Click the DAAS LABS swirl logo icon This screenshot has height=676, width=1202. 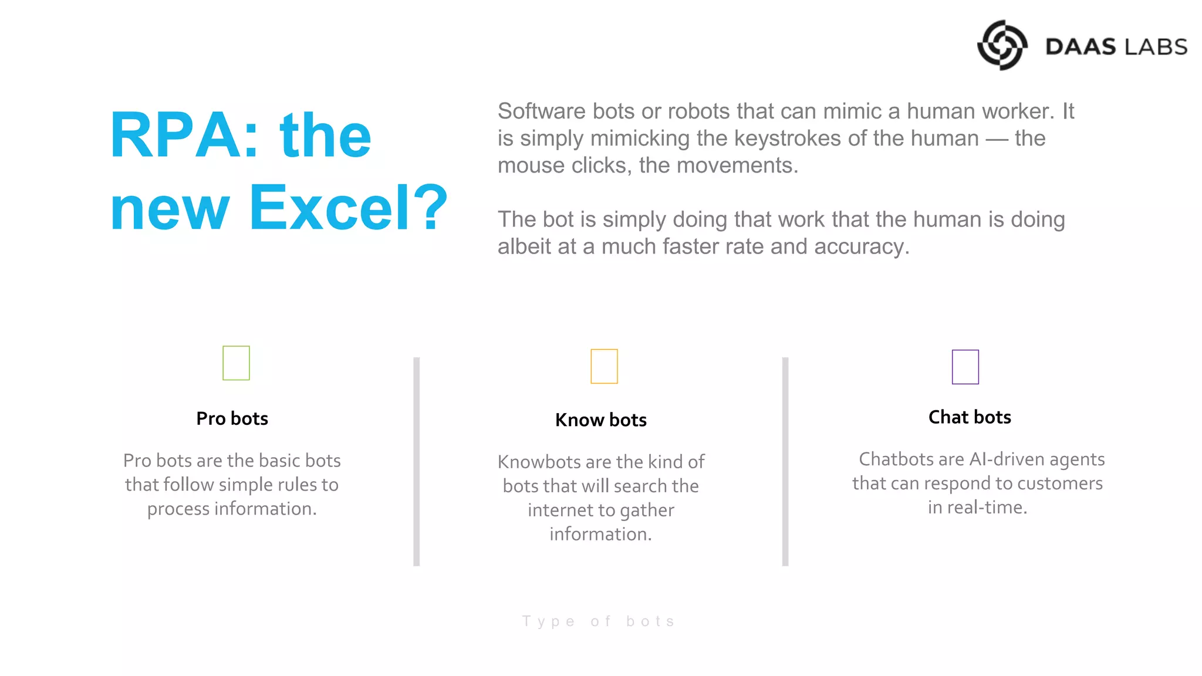pos(1002,45)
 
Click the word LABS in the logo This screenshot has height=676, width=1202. pos(1154,47)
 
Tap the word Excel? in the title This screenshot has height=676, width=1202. pos(348,208)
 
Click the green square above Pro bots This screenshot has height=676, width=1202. pos(236,363)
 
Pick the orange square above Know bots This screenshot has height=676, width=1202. pos(604,366)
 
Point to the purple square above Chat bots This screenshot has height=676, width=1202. pos(965,367)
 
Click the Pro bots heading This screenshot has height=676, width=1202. pos(232,418)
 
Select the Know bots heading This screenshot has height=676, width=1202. pos(600,420)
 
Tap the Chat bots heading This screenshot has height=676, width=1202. pos(970,417)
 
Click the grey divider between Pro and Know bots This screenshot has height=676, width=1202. pos(416,461)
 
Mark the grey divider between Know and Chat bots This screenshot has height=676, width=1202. pos(785,461)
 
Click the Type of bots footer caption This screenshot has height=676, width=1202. pos(599,621)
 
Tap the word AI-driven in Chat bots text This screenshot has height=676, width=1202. pos(1007,459)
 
